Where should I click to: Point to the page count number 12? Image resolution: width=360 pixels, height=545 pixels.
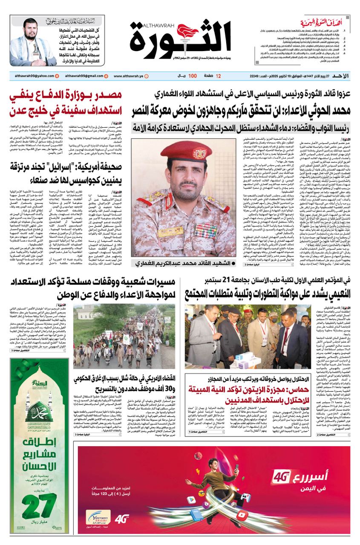point(219,76)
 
